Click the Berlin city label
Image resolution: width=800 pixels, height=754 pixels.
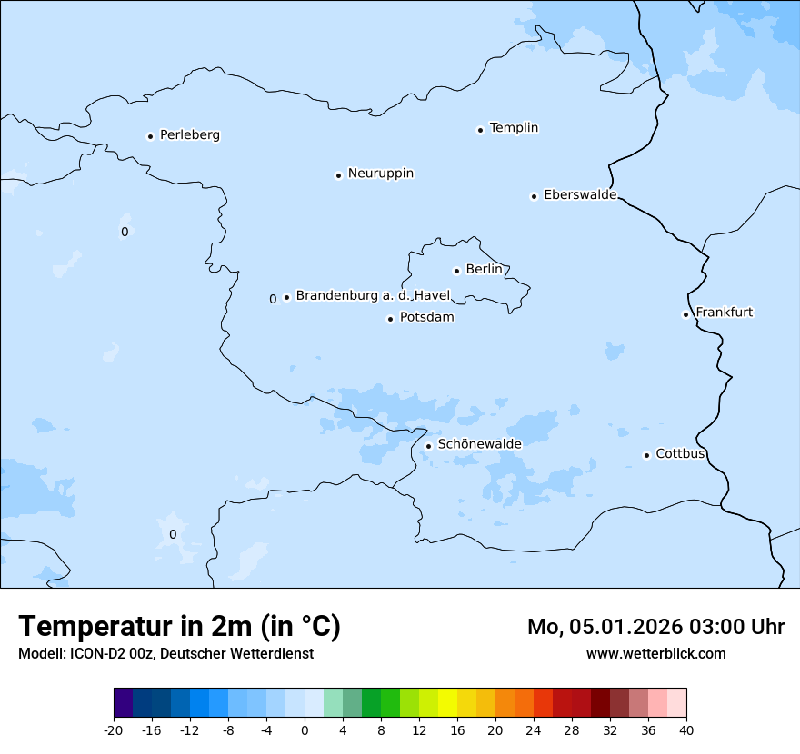(484, 270)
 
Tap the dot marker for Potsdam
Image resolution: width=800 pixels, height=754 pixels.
(391, 319)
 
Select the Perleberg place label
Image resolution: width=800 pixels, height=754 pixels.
(189, 135)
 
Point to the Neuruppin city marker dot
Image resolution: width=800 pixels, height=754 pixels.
(338, 175)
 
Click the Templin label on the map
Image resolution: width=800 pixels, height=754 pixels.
(514, 128)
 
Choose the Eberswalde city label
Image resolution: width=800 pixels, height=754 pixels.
(580, 195)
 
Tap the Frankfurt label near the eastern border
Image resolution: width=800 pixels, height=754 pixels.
(724, 313)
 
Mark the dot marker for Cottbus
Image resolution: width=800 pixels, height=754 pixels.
(646, 455)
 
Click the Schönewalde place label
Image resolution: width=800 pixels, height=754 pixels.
(479, 444)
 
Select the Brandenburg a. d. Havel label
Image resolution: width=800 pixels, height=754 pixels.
(373, 296)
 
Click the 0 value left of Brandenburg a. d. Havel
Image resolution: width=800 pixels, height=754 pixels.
(273, 299)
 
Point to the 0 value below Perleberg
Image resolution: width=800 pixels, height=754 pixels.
(125, 233)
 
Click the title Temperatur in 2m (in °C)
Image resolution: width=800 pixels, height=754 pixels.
(180, 626)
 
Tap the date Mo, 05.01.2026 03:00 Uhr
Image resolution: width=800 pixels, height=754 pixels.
(655, 627)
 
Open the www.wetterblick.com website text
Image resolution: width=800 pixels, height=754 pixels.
(655, 654)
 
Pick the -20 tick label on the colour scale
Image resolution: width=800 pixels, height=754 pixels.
(114, 730)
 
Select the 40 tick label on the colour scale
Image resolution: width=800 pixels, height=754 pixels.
(685, 730)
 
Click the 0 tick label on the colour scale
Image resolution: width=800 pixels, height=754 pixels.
(305, 730)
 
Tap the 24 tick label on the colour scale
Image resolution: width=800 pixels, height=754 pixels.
(533, 730)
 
